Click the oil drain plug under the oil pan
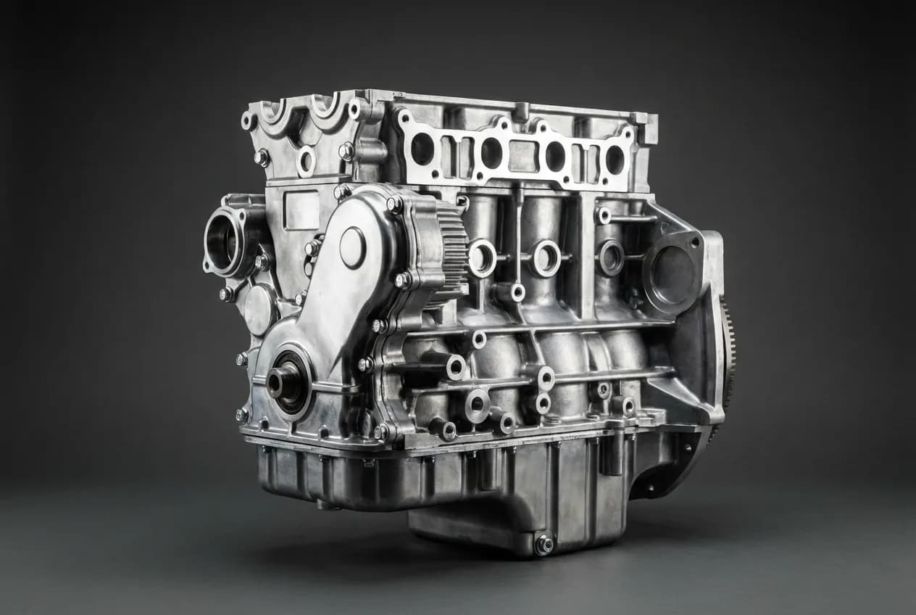544,544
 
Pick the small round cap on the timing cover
352,247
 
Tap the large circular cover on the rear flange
673,273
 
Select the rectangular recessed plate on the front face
302,210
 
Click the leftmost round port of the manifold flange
422,149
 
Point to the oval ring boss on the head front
306,161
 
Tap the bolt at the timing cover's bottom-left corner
241,415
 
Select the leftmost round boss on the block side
482,257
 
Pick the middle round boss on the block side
545,257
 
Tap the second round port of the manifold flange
491,152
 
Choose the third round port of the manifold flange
555,156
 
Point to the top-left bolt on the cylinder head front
249,120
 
